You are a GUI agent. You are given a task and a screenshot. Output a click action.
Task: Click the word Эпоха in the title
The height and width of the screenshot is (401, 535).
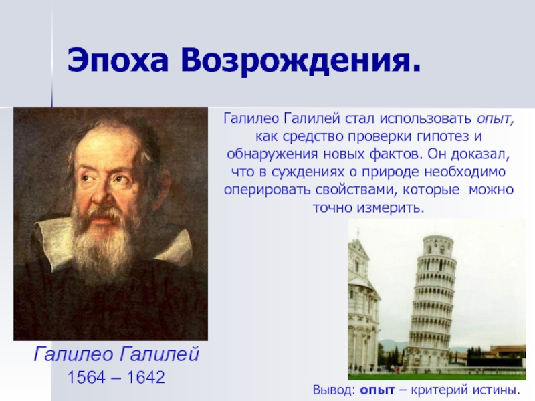tap(118, 61)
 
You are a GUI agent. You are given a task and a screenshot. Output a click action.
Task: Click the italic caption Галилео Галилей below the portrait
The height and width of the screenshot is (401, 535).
tap(116, 354)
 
